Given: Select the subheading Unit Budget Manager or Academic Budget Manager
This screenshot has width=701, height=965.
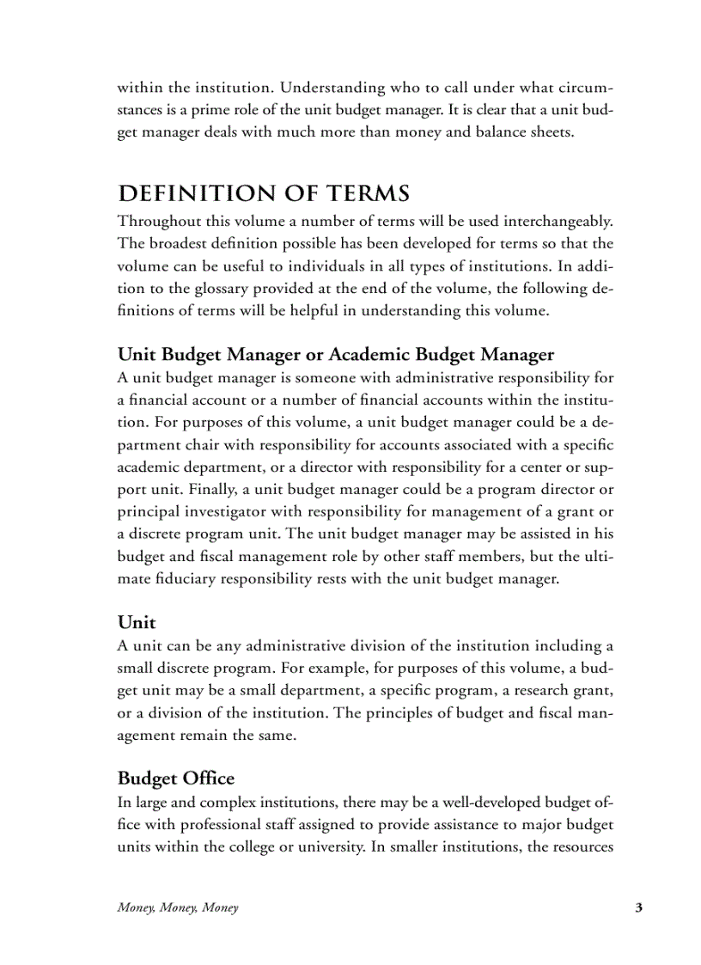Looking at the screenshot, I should [335, 354].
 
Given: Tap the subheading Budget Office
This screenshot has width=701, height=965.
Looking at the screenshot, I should [175, 779].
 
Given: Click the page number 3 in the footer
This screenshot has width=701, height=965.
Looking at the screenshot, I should [638, 907].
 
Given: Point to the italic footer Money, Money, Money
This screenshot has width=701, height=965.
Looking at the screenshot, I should [178, 907].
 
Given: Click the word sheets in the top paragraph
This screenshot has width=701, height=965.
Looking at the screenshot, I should [547, 132].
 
